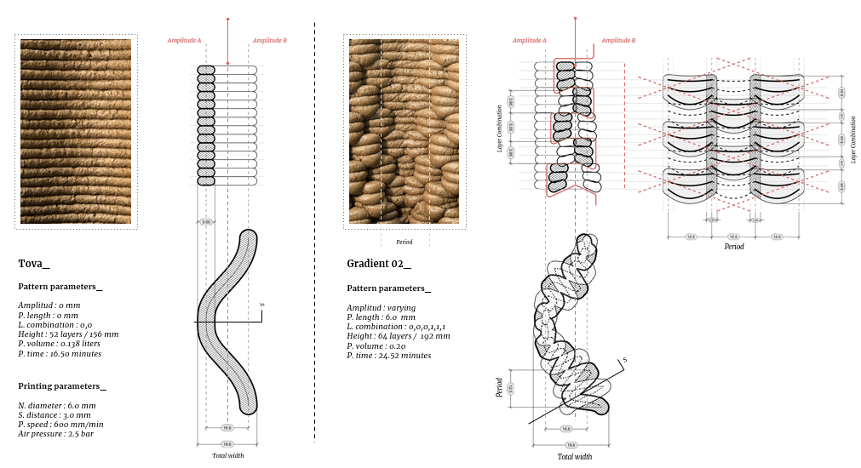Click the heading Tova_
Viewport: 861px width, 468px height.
tap(34, 264)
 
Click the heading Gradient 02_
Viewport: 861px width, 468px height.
tap(378, 264)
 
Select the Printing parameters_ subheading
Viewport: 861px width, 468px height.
tap(62, 386)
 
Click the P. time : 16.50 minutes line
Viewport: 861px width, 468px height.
tap(60, 353)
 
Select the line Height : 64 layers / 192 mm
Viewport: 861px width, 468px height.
tap(398, 336)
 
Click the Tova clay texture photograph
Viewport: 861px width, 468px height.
tap(76, 132)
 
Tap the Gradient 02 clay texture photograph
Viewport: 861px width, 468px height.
tap(404, 132)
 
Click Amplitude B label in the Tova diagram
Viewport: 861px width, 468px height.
tap(270, 40)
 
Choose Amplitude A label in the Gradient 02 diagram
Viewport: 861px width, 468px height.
tap(529, 40)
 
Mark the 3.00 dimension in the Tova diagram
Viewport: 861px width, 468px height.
tap(205, 222)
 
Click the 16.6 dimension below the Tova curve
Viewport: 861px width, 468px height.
tap(227, 428)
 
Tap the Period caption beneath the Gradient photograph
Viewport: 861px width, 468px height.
tap(404, 242)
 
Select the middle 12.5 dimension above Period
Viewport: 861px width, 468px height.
tap(732, 237)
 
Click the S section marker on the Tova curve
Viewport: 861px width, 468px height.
tap(261, 305)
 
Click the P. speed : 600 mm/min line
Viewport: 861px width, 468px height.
tap(60, 425)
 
